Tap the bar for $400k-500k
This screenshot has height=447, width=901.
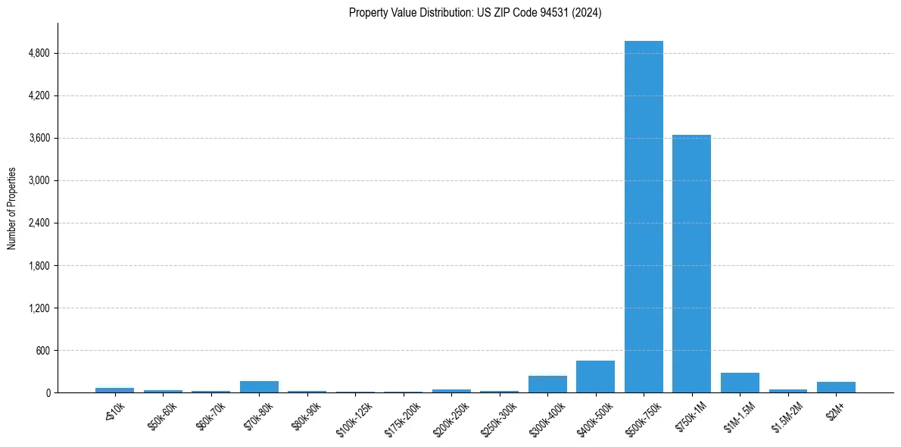(595, 377)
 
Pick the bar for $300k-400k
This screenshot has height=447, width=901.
(547, 384)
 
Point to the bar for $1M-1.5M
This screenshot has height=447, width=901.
(740, 383)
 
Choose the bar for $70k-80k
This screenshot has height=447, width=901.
(259, 386)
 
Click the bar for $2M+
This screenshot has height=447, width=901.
(836, 387)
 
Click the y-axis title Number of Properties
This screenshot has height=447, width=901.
(11, 208)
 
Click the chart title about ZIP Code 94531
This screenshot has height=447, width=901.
(475, 13)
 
